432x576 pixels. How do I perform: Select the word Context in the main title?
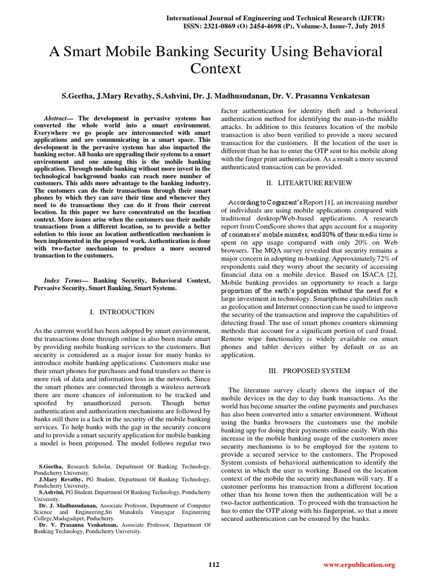click(x=216, y=69)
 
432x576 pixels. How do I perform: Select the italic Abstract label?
click(x=55, y=118)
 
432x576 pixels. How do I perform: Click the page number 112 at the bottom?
click(x=214, y=564)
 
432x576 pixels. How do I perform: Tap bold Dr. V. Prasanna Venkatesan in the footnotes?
click(x=78, y=524)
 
